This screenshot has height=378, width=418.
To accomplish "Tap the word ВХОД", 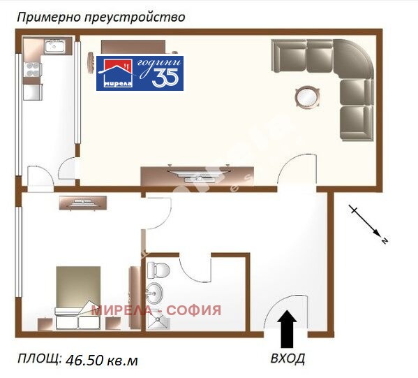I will (288, 359).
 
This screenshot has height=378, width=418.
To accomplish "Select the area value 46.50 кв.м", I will (102, 361).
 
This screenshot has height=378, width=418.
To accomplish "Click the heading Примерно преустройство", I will (101, 17).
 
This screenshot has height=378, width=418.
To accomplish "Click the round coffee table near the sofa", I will (306, 96).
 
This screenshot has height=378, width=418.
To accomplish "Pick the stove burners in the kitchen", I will (32, 69).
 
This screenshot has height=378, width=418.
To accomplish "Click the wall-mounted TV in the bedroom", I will (83, 203).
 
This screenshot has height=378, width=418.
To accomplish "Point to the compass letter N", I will (384, 240).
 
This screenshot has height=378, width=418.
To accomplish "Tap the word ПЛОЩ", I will (39, 359).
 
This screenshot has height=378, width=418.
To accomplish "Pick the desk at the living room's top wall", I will (133, 47).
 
